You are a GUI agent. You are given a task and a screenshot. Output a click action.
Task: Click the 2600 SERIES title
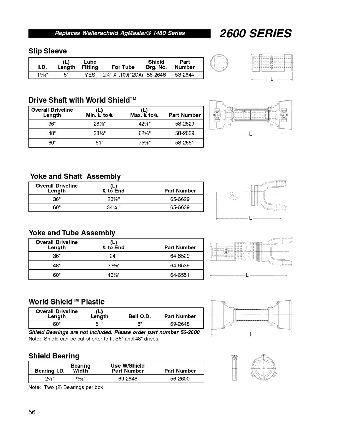coord(255,33)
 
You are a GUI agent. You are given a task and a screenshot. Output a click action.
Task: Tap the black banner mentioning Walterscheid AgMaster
coord(120,33)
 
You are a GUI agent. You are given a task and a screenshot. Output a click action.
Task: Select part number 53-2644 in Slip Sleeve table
coord(184,75)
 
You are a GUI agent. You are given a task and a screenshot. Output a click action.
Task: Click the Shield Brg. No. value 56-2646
coord(156,75)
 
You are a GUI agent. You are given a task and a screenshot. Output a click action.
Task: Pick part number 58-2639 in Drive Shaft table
coord(185,133)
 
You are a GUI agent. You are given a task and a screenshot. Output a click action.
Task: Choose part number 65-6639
coord(180,207)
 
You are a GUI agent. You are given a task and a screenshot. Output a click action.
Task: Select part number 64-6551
coord(180,275)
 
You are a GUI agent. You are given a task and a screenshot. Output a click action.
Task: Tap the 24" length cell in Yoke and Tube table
coord(113,256)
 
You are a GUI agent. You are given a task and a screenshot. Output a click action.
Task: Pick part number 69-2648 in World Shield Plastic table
coord(180,324)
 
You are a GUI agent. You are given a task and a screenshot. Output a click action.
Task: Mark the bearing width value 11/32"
coord(80,379)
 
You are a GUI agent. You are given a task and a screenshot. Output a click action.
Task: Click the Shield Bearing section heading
coord(54,356)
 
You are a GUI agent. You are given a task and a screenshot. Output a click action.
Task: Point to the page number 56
coord(32,412)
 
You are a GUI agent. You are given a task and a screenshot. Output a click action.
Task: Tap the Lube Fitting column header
coord(90,65)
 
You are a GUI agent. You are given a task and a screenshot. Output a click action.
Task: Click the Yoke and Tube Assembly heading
coord(72,233)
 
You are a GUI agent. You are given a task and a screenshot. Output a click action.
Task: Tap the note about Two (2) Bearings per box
coord(66,387)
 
